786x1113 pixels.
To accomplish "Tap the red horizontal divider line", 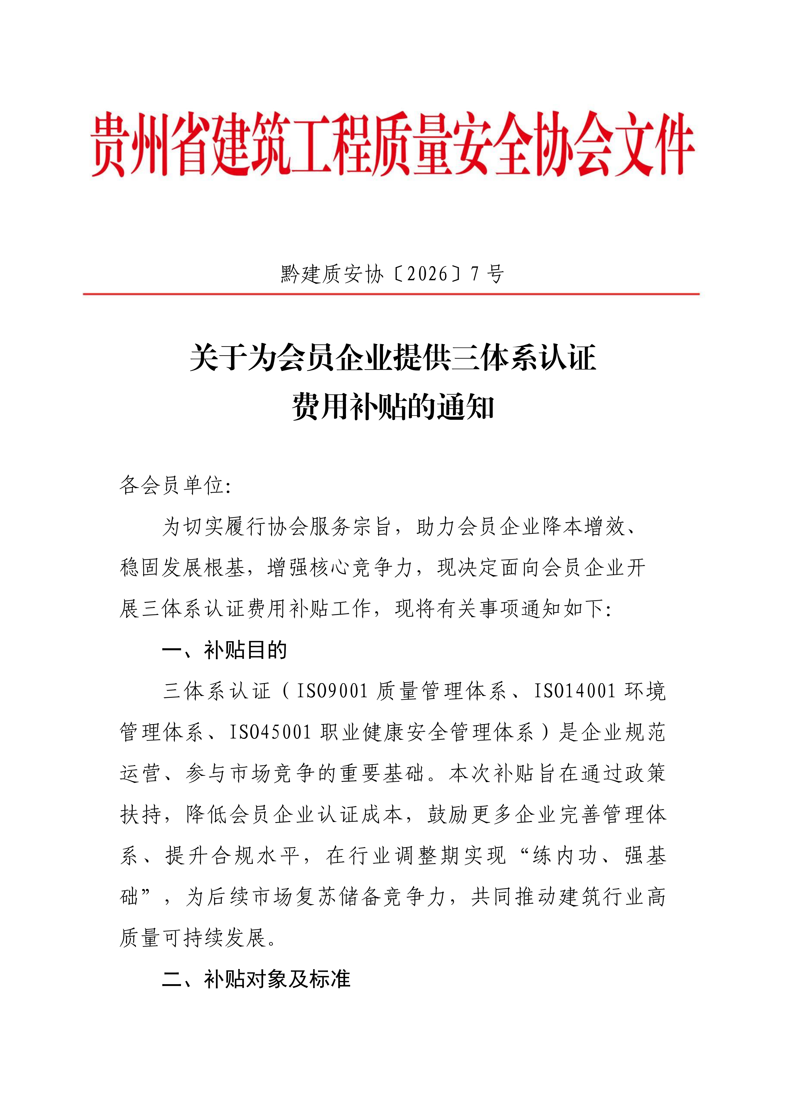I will [x=391, y=294].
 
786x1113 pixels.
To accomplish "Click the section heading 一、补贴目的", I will [x=224, y=650].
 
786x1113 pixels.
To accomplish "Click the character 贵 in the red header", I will [x=107, y=144].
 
